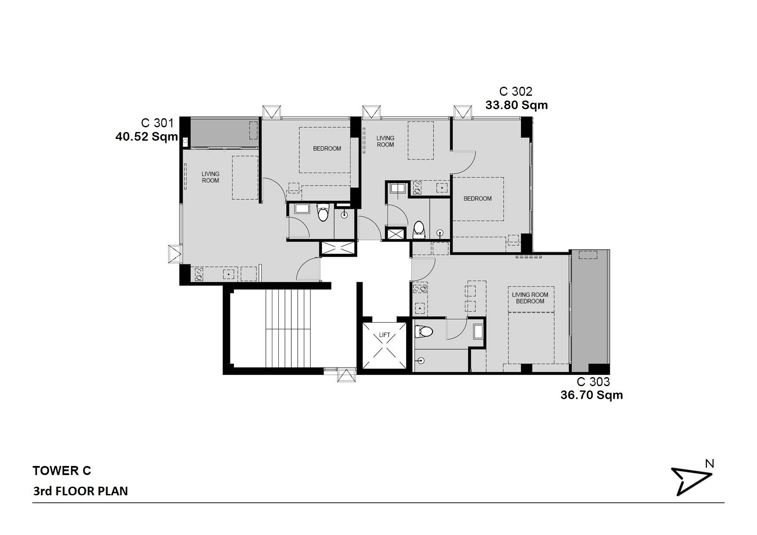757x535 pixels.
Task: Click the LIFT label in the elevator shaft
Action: click(385, 335)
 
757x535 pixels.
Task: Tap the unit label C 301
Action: click(158, 123)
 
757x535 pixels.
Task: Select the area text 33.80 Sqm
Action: click(517, 105)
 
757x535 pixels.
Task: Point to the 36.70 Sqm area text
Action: click(592, 395)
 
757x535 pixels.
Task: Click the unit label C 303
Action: click(593, 382)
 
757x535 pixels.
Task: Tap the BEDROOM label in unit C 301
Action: click(327, 148)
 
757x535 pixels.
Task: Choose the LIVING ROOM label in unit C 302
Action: click(385, 142)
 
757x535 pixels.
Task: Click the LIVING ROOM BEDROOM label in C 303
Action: click(530, 298)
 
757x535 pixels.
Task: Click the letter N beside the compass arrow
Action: click(710, 464)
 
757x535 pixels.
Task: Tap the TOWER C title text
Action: click(62, 471)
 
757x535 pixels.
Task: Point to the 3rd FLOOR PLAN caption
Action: click(80, 491)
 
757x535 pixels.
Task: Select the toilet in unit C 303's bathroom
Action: click(423, 332)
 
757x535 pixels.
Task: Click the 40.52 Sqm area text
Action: click(147, 137)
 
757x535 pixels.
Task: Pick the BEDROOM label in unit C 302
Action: click(478, 198)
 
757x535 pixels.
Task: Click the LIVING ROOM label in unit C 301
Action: click(211, 177)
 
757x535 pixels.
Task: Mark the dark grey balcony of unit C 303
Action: click(590, 311)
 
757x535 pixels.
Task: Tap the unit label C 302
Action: click(516, 92)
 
